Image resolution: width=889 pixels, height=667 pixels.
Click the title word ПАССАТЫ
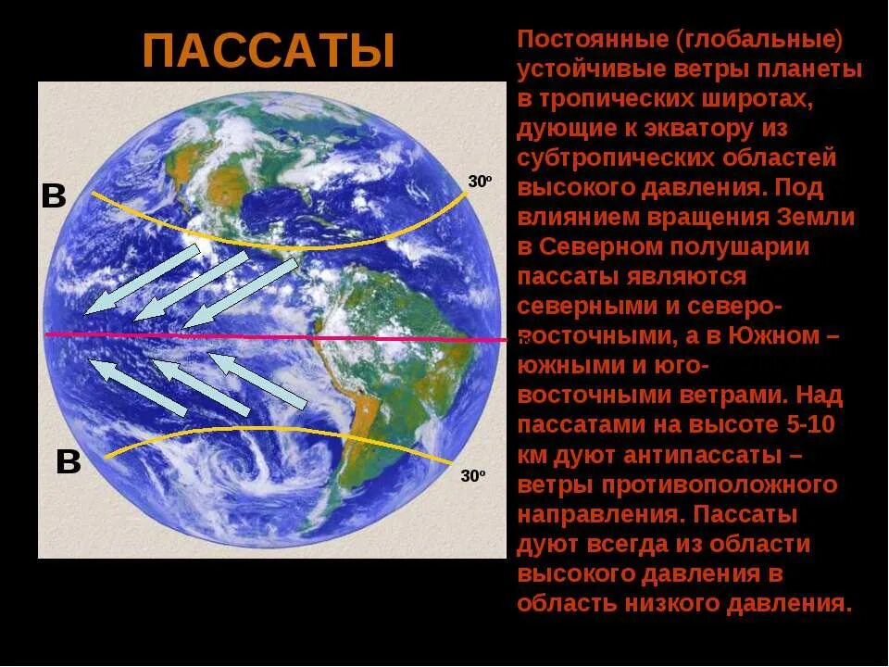click(x=269, y=51)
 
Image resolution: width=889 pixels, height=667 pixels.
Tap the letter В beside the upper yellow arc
click(x=54, y=196)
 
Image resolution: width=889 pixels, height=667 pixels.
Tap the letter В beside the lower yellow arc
click(x=69, y=461)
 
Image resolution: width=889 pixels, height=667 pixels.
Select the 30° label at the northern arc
click(x=479, y=182)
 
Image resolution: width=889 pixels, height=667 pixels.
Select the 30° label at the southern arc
click(x=473, y=476)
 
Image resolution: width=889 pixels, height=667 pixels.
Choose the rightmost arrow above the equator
click(x=241, y=292)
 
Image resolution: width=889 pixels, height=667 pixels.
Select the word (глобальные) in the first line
click(x=758, y=41)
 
